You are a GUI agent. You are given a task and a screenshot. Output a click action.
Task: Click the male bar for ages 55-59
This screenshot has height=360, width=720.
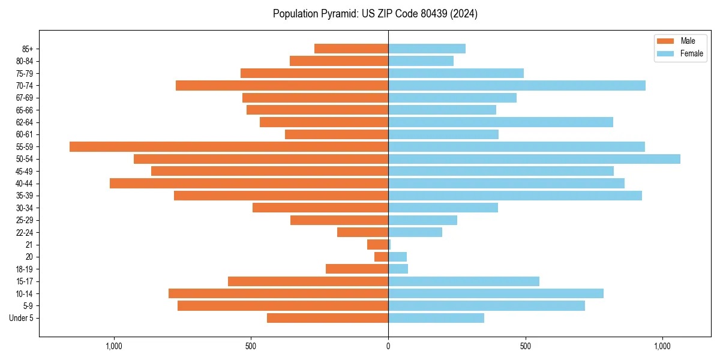pyautogui.click(x=229, y=146)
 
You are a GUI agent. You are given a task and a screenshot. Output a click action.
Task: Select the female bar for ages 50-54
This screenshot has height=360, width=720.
pyautogui.click(x=534, y=159)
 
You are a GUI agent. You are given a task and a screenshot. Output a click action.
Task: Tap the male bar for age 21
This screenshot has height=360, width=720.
pyautogui.click(x=377, y=245)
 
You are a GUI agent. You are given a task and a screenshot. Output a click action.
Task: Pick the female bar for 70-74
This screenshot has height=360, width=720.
pyautogui.click(x=517, y=85)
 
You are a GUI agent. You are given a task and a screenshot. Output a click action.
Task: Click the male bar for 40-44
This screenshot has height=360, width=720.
pyautogui.click(x=249, y=183)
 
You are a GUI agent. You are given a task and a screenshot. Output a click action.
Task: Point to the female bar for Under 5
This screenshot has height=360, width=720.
pyautogui.click(x=436, y=318)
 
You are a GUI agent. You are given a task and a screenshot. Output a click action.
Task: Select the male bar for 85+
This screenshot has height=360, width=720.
pyautogui.click(x=351, y=49)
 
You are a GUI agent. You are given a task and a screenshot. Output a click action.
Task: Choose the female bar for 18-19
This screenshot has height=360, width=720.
pyautogui.click(x=398, y=269)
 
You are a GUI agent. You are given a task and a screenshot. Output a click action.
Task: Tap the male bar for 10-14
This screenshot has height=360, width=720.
pyautogui.click(x=278, y=293)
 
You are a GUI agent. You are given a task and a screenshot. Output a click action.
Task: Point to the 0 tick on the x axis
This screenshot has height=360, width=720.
pyautogui.click(x=388, y=346)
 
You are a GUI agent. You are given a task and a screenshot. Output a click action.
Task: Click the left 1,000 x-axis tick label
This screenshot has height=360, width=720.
pyautogui.click(x=113, y=346)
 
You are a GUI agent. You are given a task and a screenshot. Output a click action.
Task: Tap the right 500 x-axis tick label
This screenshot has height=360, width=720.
pyautogui.click(x=525, y=346)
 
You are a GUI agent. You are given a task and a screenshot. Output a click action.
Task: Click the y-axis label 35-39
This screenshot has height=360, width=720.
pyautogui.click(x=25, y=196)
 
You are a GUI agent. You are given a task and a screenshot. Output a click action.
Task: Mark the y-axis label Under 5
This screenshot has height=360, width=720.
pyautogui.click(x=22, y=318)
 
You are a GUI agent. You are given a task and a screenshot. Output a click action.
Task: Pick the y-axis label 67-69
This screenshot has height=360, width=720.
pyautogui.click(x=25, y=98)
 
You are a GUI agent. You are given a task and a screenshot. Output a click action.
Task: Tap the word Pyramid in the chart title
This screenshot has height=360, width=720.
pyautogui.click(x=337, y=14)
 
